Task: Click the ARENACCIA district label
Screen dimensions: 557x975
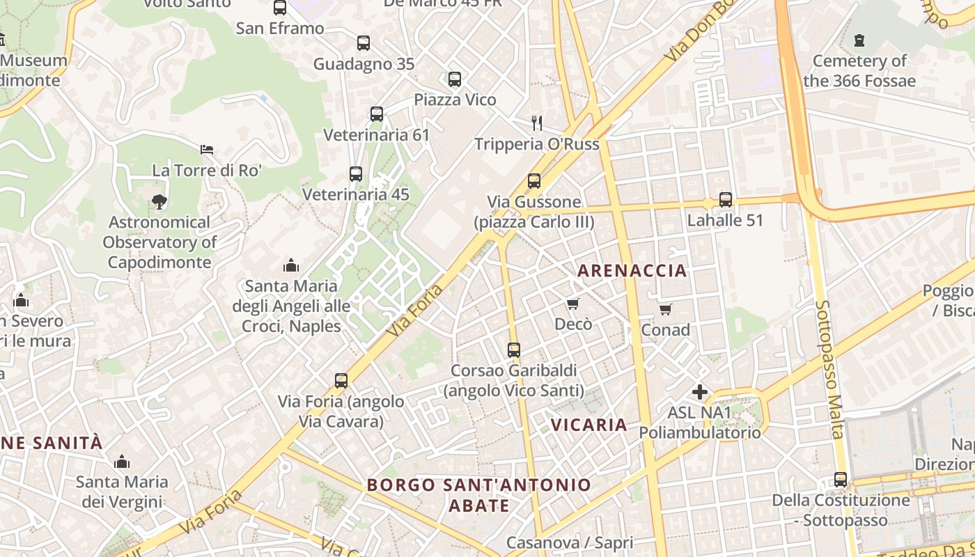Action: (x=632, y=271)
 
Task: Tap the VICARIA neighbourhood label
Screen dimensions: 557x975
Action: (x=588, y=425)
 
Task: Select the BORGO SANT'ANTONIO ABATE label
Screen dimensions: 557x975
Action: (x=479, y=494)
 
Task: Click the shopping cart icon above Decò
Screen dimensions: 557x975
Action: (x=573, y=304)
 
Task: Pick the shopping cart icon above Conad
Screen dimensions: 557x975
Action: (x=665, y=309)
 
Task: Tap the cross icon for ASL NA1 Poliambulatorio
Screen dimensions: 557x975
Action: (x=700, y=392)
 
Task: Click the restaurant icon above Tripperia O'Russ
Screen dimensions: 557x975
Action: (x=536, y=123)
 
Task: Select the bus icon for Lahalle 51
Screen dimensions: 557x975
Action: (x=726, y=200)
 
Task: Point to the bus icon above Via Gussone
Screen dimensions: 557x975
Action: (x=534, y=181)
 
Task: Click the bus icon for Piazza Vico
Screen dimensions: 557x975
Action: (x=455, y=79)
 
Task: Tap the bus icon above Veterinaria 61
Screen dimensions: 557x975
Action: (x=377, y=114)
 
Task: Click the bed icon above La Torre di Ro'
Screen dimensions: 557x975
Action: (x=207, y=150)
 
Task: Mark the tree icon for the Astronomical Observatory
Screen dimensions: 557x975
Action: (x=159, y=202)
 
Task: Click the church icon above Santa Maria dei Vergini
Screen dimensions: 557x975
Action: (x=122, y=462)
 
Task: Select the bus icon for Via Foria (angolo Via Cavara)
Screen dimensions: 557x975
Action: (x=341, y=381)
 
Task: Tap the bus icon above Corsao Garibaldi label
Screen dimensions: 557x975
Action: (x=514, y=350)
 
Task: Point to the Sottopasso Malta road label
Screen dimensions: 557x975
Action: (x=829, y=369)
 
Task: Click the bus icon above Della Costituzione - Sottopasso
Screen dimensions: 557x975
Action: (x=841, y=480)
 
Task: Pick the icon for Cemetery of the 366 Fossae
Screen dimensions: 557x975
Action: (x=859, y=40)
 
